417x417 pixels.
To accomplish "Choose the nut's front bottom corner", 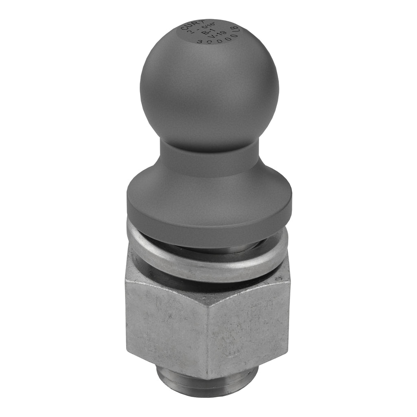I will click(209, 379).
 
